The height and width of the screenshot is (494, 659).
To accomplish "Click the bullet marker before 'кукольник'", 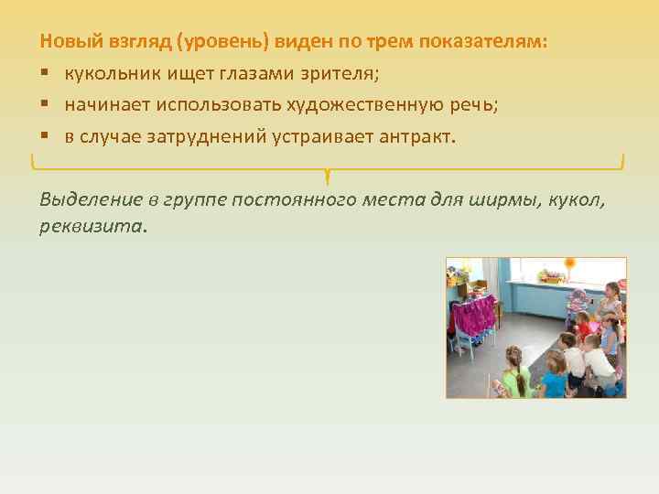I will [44, 73].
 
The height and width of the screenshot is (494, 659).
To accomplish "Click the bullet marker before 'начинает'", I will [44, 105].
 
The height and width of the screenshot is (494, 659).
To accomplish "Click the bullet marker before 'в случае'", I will [44, 136].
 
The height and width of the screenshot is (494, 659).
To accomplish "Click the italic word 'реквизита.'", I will [92, 224].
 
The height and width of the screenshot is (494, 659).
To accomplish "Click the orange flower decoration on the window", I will [570, 266].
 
